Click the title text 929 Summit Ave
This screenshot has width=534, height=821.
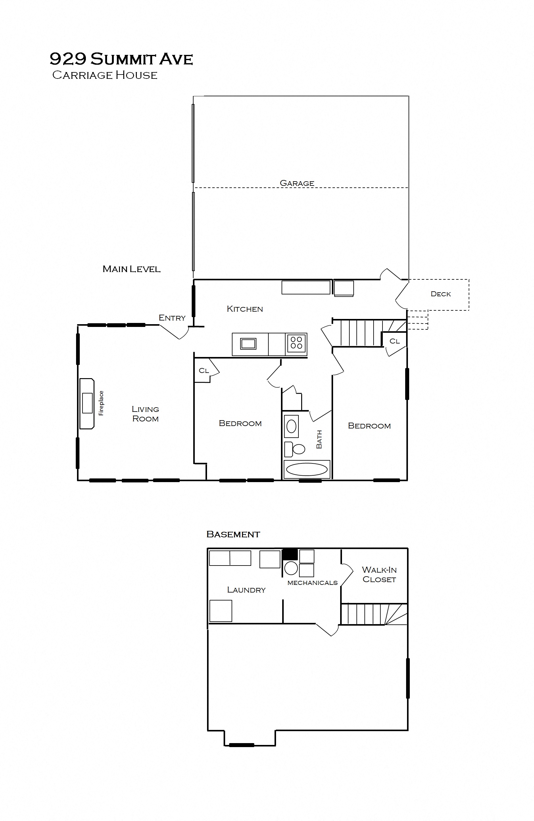point(121,59)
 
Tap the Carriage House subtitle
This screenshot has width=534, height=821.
point(105,75)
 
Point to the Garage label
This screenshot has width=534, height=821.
point(297,183)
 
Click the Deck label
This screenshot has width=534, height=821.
point(440,294)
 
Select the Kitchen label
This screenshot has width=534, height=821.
point(244,309)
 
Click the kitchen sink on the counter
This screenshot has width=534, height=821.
point(248,343)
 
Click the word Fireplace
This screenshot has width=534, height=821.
point(101,403)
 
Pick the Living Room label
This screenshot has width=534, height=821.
point(145,414)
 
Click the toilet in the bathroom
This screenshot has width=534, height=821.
point(295,449)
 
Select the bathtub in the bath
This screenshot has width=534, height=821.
point(307,469)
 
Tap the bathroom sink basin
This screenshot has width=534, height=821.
point(291,426)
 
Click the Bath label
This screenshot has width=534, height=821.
point(319,439)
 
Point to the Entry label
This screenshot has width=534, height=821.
point(172,318)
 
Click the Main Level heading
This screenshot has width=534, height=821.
point(132,269)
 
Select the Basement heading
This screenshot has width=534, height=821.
point(233,534)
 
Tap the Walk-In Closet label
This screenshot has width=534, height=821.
point(379,575)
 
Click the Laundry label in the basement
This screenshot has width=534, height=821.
point(246,590)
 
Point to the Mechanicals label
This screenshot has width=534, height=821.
point(312,583)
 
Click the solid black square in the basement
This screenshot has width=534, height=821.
point(290,554)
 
